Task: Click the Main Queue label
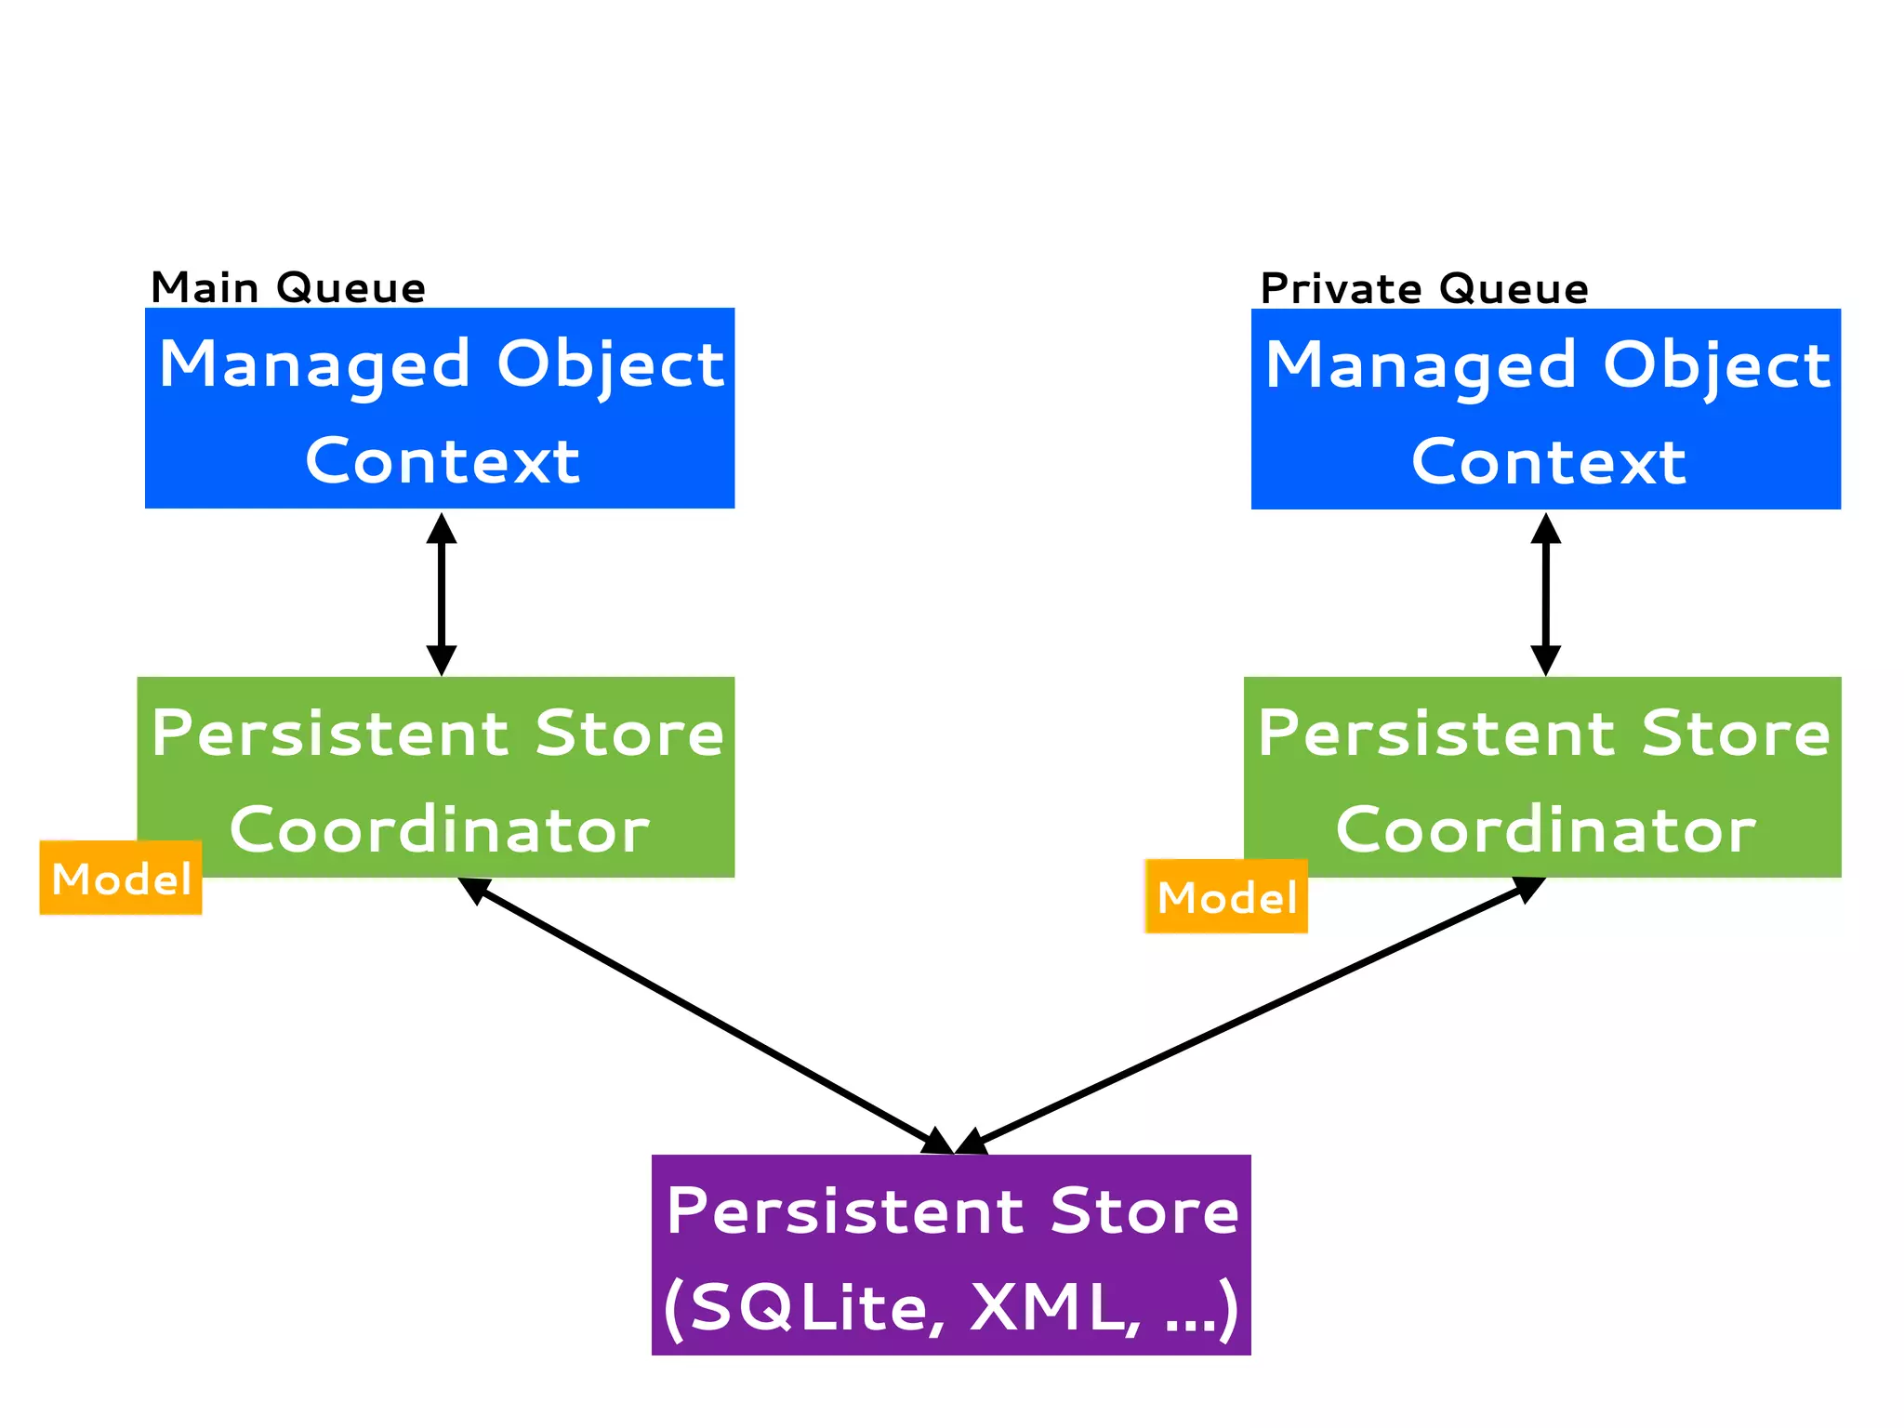[x=287, y=287]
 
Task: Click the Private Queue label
[x=1423, y=288]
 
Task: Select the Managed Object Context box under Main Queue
[x=440, y=408]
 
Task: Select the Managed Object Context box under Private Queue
[x=1545, y=409]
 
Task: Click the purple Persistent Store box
[x=951, y=1254]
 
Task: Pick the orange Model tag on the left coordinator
[x=121, y=878]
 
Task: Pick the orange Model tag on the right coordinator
[x=1226, y=896]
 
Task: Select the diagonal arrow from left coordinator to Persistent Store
[x=707, y=1017]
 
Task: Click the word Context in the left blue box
[x=443, y=461]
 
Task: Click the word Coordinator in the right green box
[x=1545, y=829]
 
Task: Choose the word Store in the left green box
[x=628, y=734]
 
